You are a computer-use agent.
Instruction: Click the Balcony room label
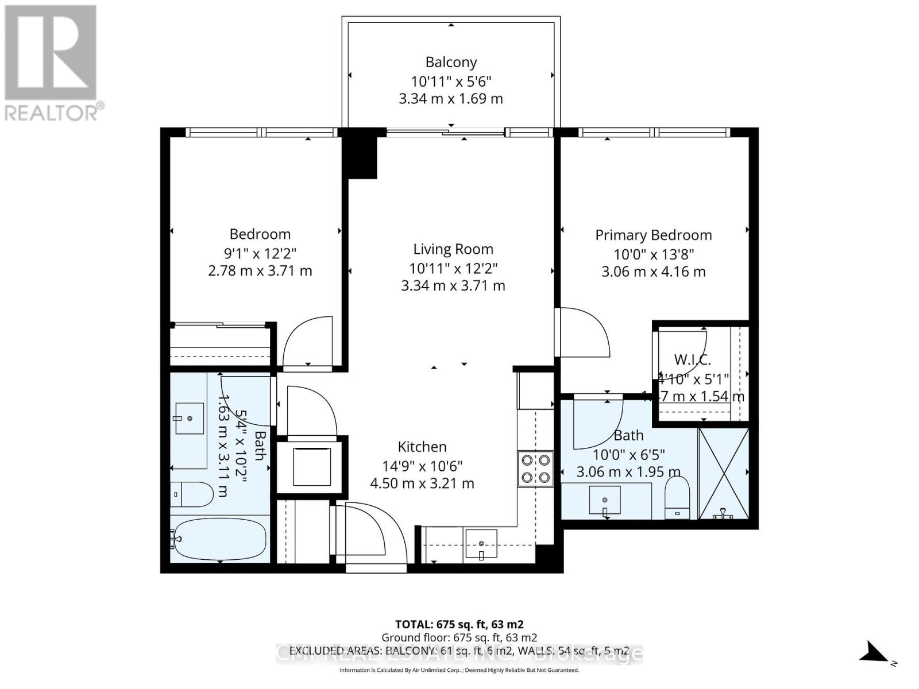[451, 62]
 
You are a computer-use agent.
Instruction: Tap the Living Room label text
[453, 249]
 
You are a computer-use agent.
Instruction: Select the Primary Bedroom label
[653, 235]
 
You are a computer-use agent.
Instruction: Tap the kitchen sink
[481, 543]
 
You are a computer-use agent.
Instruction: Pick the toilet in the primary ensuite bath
[677, 498]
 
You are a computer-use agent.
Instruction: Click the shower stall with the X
[723, 473]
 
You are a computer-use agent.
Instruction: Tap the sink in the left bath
[190, 419]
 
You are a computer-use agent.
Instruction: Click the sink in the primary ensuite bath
[605, 500]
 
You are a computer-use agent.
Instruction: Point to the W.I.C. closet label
[692, 360]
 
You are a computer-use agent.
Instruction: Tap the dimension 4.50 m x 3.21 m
[422, 483]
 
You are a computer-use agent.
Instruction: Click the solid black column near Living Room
[360, 157]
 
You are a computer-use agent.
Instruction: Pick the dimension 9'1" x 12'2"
[260, 253]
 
